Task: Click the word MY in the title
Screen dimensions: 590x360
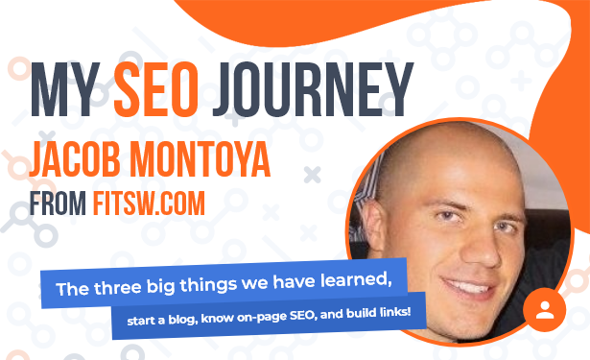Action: [x=65, y=89]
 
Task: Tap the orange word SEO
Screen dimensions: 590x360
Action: [x=156, y=89]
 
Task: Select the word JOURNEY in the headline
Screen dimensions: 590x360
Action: [x=313, y=89]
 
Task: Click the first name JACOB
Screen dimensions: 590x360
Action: [x=75, y=159]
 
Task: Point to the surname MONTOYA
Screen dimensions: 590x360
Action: [x=201, y=159]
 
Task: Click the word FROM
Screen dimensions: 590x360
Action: [x=58, y=204]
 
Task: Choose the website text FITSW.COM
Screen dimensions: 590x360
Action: [x=149, y=204]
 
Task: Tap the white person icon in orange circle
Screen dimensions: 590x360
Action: [x=545, y=310]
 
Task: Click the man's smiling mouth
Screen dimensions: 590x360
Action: [x=469, y=288]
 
